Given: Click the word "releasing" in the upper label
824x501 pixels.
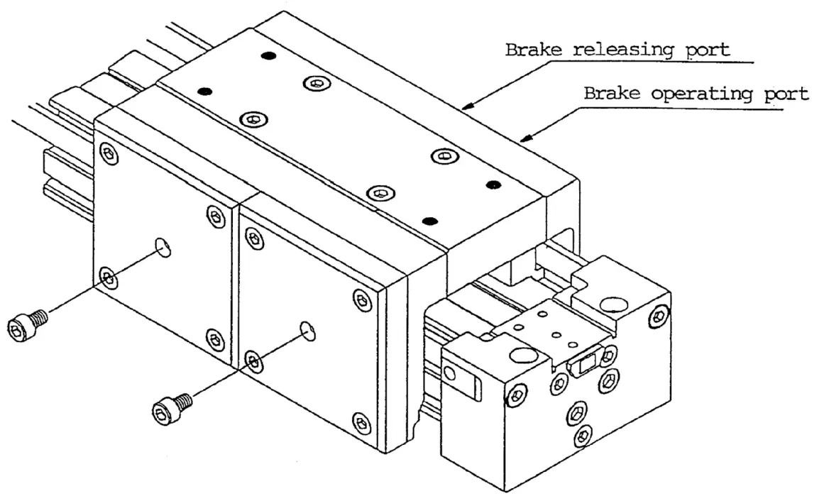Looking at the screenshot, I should point(618,51).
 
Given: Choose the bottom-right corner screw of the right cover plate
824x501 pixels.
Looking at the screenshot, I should point(363,424).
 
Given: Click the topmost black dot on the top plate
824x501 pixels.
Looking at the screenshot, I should point(267,55).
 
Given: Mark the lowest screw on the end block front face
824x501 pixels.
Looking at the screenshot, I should point(583,434).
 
